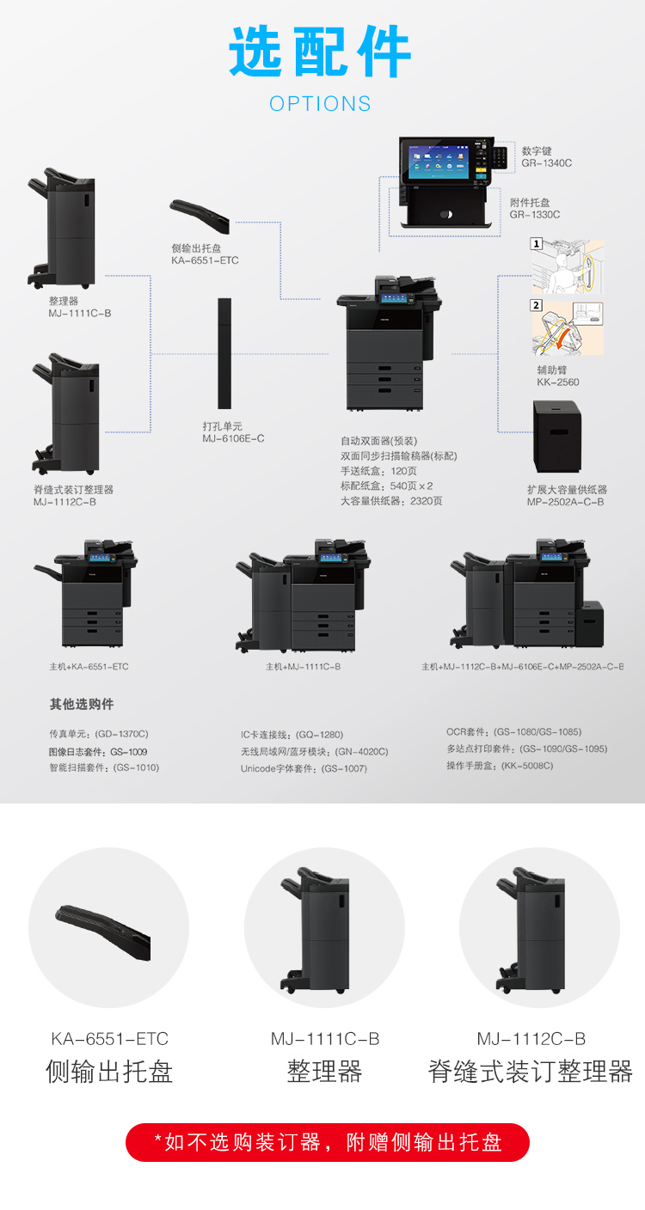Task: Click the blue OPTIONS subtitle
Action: point(320,104)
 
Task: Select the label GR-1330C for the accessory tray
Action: point(534,215)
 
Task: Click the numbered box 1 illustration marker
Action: point(537,244)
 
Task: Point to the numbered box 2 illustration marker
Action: point(537,305)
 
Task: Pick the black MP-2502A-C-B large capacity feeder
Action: point(556,437)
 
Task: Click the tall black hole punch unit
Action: point(224,353)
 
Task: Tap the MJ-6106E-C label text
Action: point(233,439)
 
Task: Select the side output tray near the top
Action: point(200,215)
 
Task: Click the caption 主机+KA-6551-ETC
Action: point(89,667)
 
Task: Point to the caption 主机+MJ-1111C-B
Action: point(303,667)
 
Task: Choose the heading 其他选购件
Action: point(81,705)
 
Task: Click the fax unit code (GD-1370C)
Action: point(122,735)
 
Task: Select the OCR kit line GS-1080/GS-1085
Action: point(513,732)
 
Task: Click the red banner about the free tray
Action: point(328,1142)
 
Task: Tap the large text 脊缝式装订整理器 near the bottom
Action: point(531,1072)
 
